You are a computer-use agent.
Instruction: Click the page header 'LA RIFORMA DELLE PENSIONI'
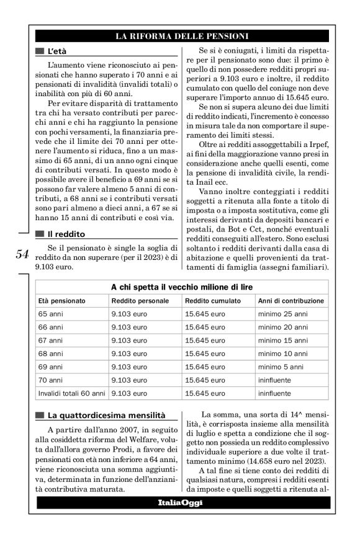pyautogui.click(x=182, y=37)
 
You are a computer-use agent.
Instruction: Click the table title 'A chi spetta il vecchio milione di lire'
pyautogui.click(x=182, y=287)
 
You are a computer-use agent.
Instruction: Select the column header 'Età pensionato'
pyautogui.click(x=62, y=301)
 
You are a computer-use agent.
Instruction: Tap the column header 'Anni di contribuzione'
pyautogui.click(x=290, y=301)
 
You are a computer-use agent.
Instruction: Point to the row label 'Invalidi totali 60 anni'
pyautogui.click(x=72, y=393)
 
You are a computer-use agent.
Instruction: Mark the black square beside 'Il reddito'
pyautogui.click(x=40, y=234)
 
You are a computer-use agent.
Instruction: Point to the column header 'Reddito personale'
pyautogui.click(x=140, y=301)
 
